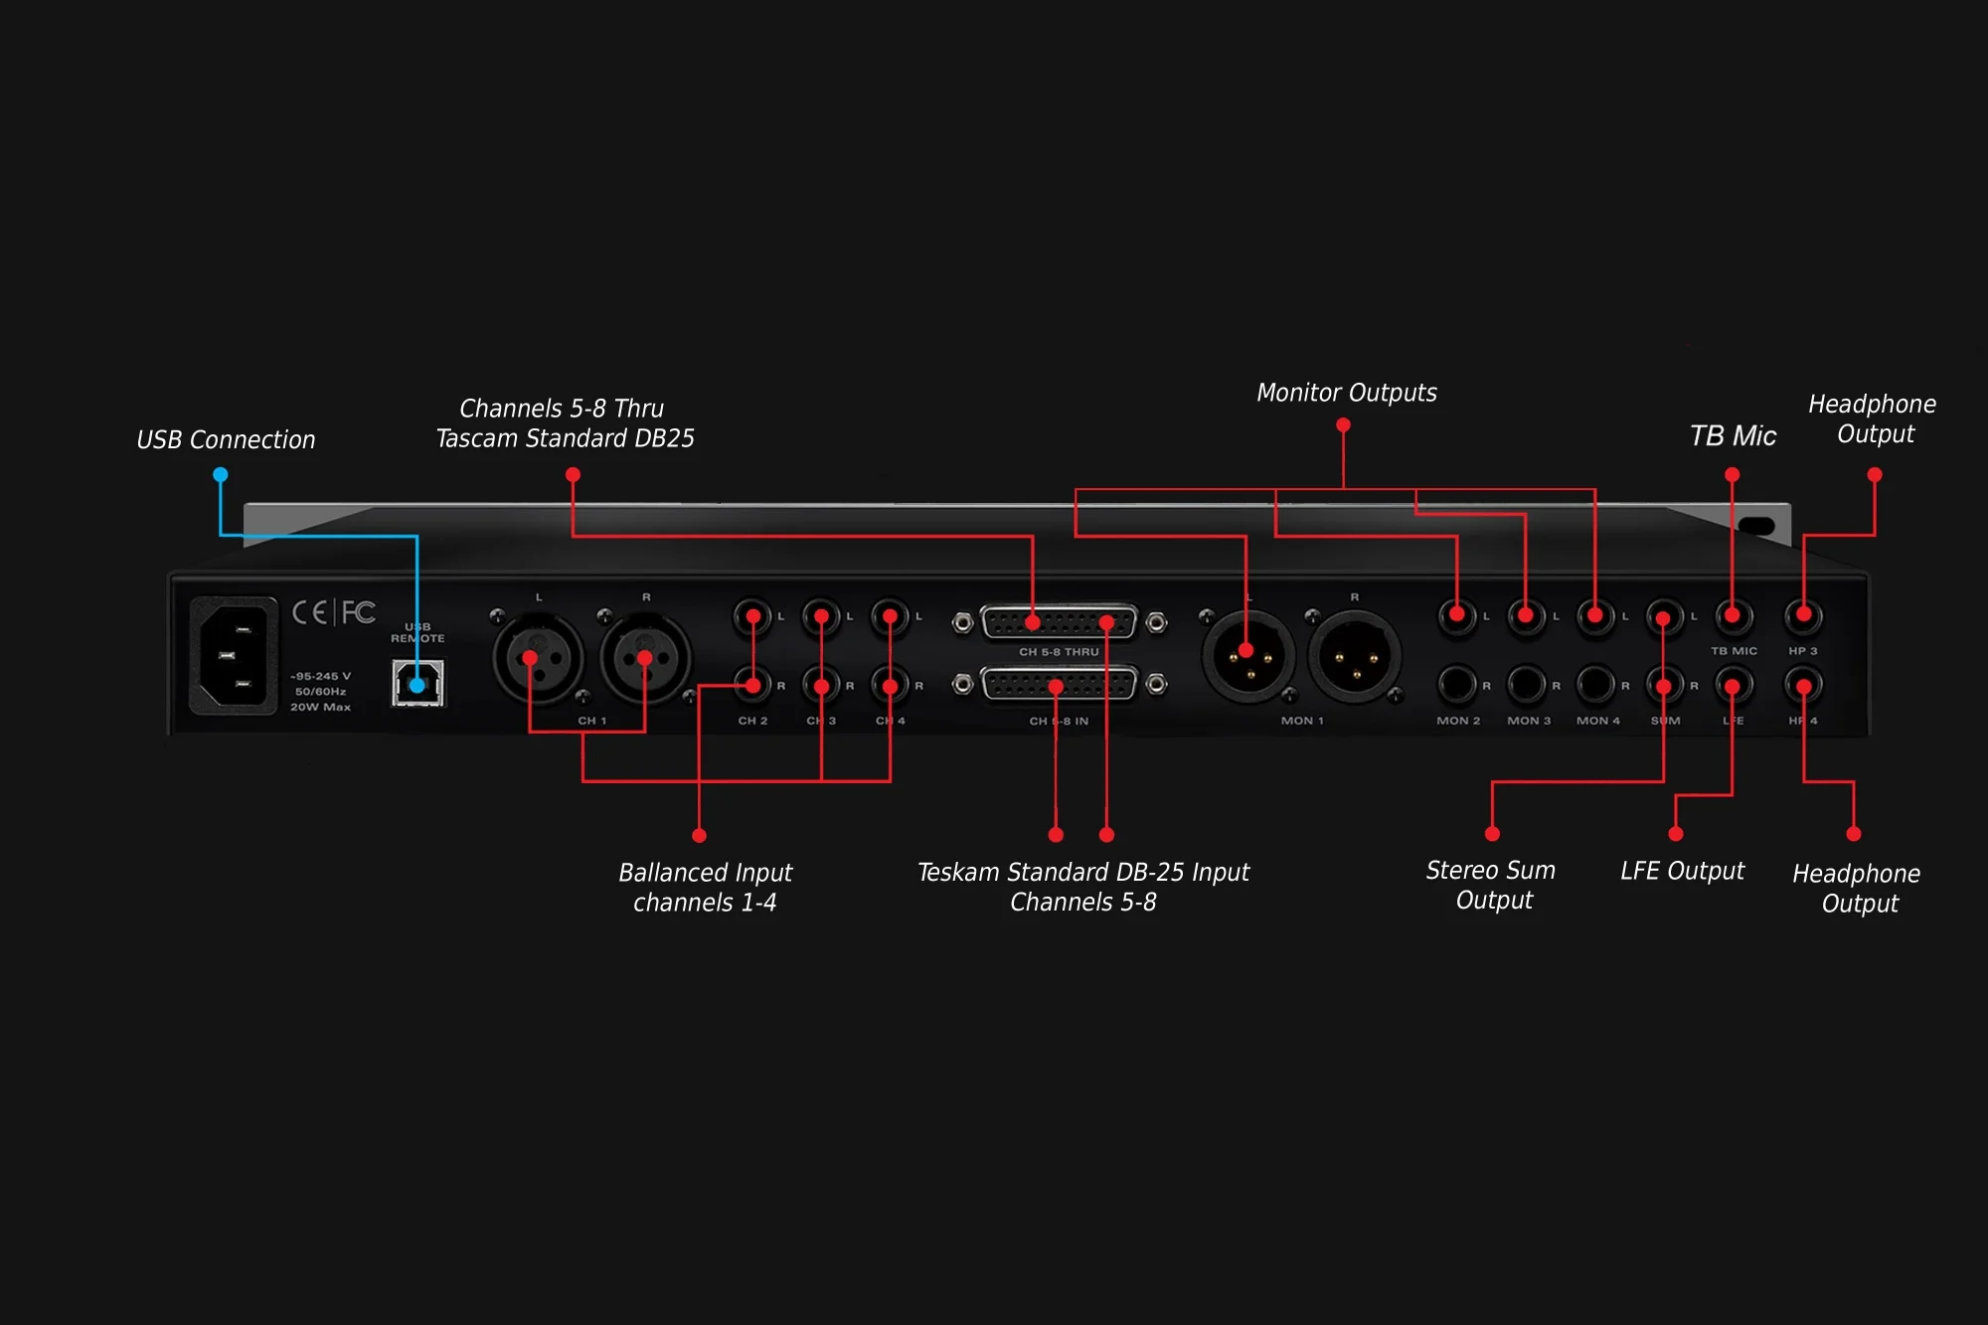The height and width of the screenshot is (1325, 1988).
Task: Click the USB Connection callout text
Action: pos(226,439)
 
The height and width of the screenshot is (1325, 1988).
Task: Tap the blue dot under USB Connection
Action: pos(221,475)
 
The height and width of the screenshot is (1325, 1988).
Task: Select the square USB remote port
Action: pos(418,683)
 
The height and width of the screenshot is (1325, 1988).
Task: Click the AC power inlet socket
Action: pos(234,655)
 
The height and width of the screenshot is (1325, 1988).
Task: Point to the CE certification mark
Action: pos(309,612)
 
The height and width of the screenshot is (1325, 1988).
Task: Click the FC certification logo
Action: pos(359,612)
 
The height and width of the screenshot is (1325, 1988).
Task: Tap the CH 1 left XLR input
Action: pos(538,657)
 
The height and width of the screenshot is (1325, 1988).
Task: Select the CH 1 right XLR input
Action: pos(646,657)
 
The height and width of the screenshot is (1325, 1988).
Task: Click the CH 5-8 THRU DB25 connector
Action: pos(1059,623)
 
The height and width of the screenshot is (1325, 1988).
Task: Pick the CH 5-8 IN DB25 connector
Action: pos(1059,685)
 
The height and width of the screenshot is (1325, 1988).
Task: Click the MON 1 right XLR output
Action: pos(1355,657)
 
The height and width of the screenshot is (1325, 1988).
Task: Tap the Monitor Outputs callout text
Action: pos(1347,393)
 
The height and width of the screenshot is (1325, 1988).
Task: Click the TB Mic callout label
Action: pos(1733,435)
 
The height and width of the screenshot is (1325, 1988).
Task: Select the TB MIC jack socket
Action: pos(1734,616)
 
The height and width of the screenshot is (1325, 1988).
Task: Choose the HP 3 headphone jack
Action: pos(1803,616)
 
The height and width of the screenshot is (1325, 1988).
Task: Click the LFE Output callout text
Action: pos(1682,871)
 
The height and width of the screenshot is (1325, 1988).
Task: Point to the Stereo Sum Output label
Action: pos(1491,885)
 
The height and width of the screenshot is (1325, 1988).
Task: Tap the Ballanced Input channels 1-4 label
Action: pos(705,887)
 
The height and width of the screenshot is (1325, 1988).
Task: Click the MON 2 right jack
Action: pos(1457,685)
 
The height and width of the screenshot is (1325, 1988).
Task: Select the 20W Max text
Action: pos(320,707)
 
